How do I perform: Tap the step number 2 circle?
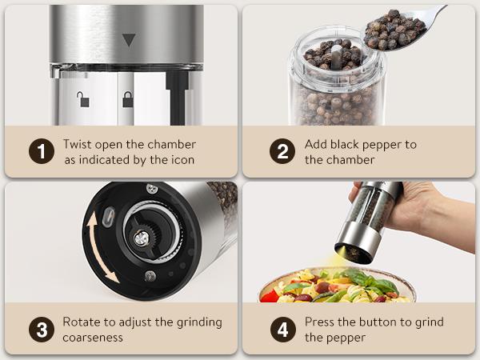click(281, 151)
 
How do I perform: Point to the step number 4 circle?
click(281, 329)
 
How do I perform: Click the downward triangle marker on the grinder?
click(128, 39)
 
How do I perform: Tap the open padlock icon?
click(83, 99)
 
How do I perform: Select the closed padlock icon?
click(126, 99)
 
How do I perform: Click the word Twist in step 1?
click(79, 144)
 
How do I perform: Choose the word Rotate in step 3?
click(82, 322)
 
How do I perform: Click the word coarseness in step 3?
click(93, 337)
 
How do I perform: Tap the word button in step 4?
click(374, 322)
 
